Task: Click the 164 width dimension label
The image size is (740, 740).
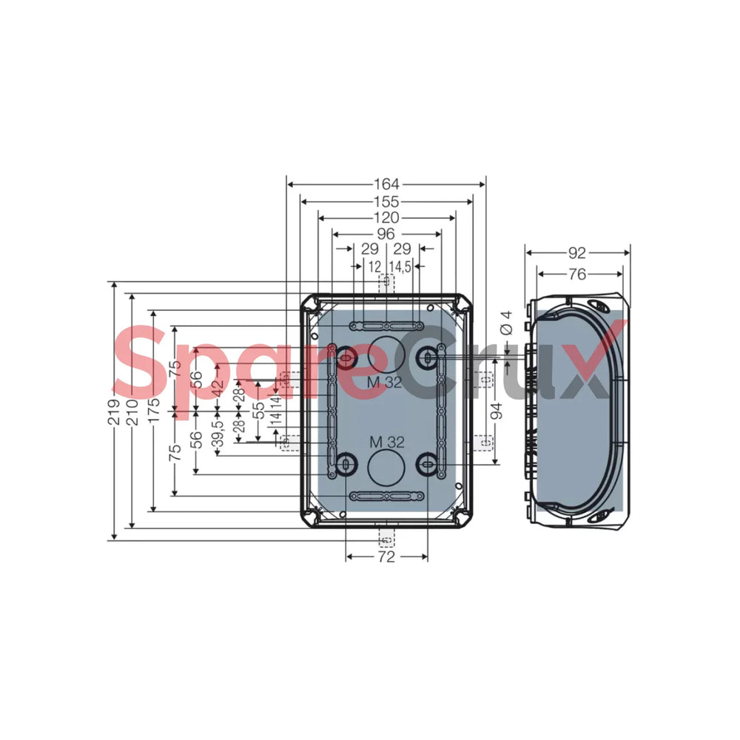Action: pos(386,184)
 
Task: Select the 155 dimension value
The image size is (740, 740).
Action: pos(386,201)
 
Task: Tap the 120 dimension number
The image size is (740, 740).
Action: pos(386,218)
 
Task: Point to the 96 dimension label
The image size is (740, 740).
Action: pos(386,234)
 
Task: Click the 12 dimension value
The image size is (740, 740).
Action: pos(374,266)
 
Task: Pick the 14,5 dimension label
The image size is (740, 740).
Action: pos(400,266)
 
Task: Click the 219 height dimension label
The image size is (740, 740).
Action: pos(114,412)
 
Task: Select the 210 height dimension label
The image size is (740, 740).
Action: pos(132,412)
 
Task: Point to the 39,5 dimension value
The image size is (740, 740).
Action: pos(218,436)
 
